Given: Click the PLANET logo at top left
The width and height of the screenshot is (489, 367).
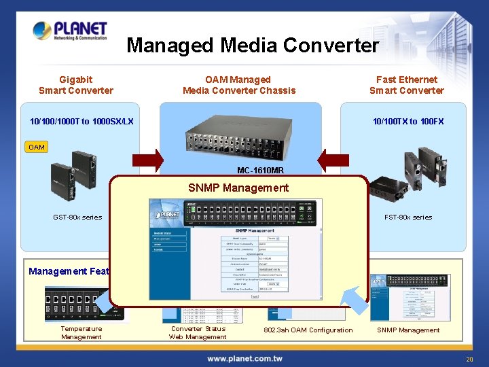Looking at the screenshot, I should pos(71,31).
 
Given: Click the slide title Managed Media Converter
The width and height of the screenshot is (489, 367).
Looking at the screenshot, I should pos(253,46).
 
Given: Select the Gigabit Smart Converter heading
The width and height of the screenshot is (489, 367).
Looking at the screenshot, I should pos(76,85).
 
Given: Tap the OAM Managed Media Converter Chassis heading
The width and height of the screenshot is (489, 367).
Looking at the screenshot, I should pos(239,85).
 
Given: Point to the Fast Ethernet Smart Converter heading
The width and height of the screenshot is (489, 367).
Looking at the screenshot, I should pos(406,85).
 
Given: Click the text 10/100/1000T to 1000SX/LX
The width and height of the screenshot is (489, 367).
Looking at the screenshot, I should pos(81,122).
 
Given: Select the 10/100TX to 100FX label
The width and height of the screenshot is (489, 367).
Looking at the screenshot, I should pos(407,122).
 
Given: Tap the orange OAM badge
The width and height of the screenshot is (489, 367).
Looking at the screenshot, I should pos(37,147).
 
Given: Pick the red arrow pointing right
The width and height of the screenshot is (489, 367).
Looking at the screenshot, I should pos(148,160).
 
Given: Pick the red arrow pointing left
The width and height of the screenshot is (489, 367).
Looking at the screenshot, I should pos(333,160).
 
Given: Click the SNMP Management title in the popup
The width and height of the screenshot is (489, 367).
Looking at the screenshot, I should pos(238,188).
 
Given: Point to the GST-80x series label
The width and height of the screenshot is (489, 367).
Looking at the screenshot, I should pos(77,217).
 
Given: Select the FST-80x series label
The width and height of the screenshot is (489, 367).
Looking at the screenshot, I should pos(407,217).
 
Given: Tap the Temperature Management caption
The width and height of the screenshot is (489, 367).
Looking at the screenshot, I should pos(81,333).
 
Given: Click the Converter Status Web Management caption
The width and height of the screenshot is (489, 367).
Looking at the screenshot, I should pos(198,333).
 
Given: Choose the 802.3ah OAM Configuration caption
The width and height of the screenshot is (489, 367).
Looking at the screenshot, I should pos(308,330).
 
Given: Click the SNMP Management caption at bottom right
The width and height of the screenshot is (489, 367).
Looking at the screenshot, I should pos(408,330).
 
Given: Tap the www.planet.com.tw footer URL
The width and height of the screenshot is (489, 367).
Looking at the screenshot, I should pos(244,358).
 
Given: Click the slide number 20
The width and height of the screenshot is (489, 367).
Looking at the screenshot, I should pos(469,359).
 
